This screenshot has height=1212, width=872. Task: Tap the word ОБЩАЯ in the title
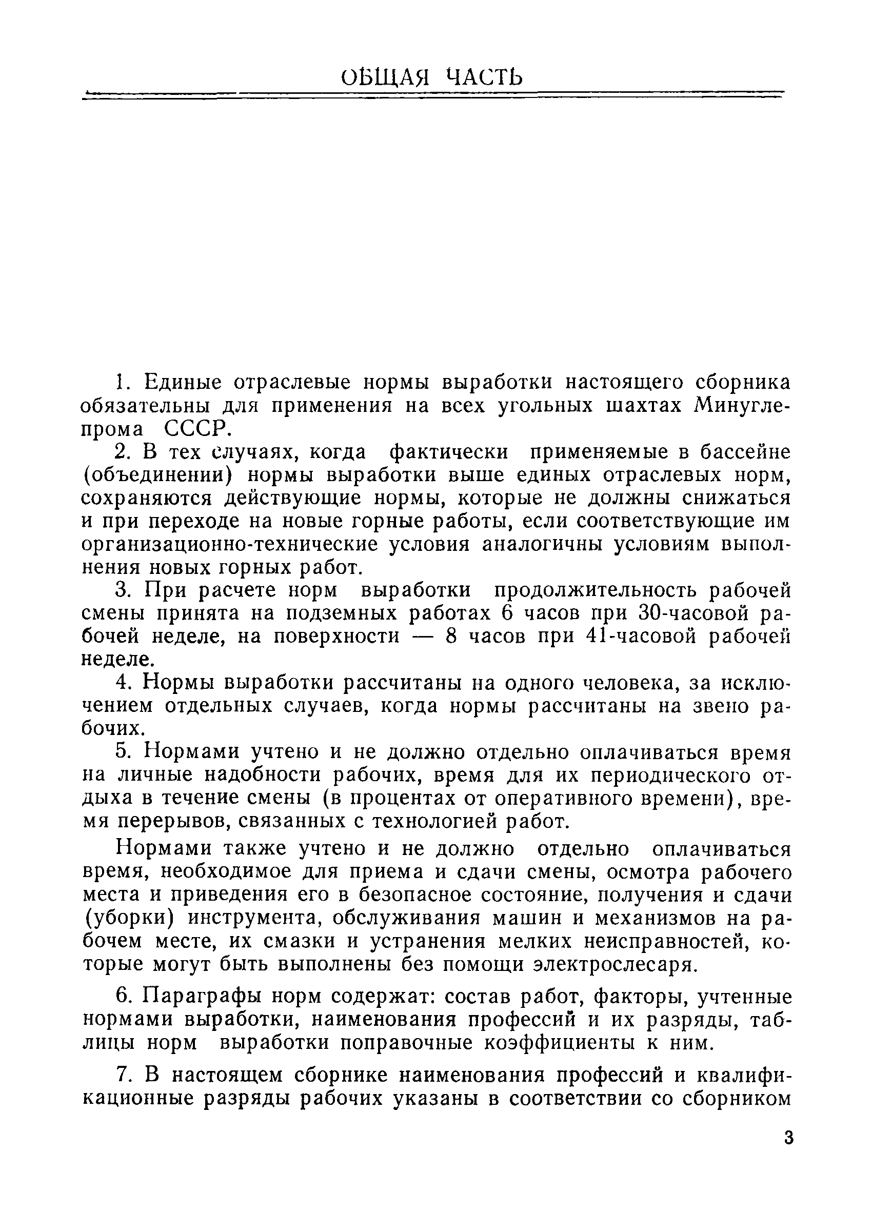pos(385,78)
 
